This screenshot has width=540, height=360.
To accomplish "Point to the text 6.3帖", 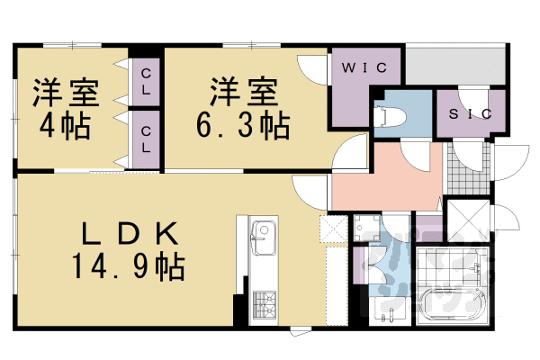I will tap(241, 124).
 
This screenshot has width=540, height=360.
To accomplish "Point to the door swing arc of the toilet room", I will tap(416, 155).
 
